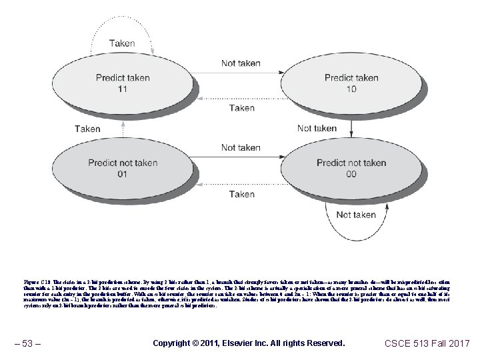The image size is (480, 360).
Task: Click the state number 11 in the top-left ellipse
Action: coord(121,89)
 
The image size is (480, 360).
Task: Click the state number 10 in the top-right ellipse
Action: coord(351,89)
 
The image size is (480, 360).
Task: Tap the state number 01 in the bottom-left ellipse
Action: coord(121,175)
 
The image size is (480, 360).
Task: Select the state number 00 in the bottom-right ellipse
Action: coord(351,175)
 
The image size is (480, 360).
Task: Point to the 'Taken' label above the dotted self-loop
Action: coord(122,43)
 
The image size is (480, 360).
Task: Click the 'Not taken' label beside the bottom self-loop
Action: coord(357,215)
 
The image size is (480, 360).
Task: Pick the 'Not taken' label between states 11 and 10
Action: coord(241,63)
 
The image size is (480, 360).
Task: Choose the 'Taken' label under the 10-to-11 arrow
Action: coord(241,107)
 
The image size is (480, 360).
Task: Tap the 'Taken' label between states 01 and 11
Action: coord(87,129)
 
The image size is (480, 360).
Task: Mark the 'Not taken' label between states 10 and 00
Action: coord(317,128)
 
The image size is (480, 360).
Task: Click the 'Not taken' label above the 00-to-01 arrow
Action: coord(241,147)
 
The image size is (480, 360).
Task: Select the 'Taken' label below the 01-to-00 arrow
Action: coord(241,194)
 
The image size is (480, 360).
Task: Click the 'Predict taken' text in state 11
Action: coord(123,77)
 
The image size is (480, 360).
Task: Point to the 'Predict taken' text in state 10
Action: coord(351,77)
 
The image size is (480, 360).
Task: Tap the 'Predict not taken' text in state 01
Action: coord(123,163)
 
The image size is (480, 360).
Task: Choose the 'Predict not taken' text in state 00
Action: coord(351,163)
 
